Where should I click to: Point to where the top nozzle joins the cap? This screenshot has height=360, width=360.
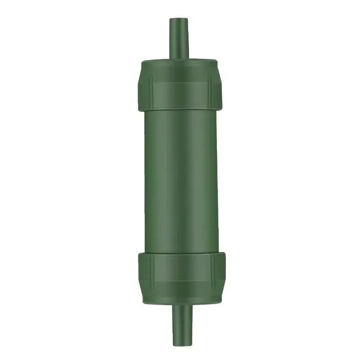179,58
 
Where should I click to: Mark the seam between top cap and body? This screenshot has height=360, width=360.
180,111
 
